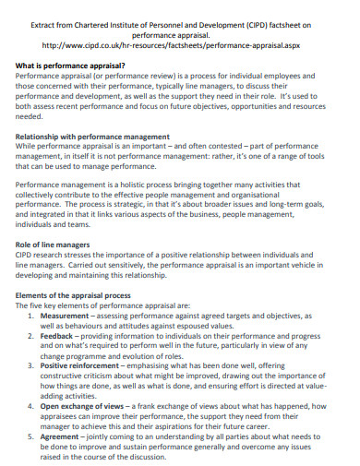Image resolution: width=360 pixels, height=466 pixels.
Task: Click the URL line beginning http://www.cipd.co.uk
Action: click(x=180, y=42)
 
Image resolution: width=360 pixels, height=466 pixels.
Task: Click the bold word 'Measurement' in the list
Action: click(x=70, y=316)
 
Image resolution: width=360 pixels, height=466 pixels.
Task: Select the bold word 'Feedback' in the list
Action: click(x=64, y=339)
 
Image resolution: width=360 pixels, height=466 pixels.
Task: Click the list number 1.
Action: click(x=31, y=316)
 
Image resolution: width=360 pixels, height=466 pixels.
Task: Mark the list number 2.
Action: click(x=31, y=339)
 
